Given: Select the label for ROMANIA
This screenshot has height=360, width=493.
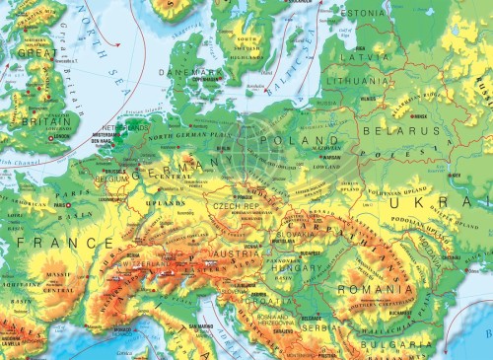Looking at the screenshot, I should [x=366, y=290].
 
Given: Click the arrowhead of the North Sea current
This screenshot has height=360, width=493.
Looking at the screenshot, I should [x=119, y=45].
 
